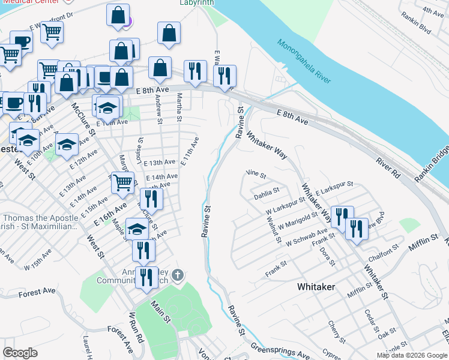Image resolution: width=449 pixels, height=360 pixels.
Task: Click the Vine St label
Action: point(256,175)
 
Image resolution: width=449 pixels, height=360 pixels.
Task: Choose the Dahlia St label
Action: point(267,191)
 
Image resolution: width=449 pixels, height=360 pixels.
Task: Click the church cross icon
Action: point(177,275)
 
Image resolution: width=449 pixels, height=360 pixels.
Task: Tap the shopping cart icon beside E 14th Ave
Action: point(123,182)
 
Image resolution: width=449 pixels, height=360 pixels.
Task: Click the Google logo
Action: point(20,353)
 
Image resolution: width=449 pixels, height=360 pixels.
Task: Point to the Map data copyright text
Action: point(411,355)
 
